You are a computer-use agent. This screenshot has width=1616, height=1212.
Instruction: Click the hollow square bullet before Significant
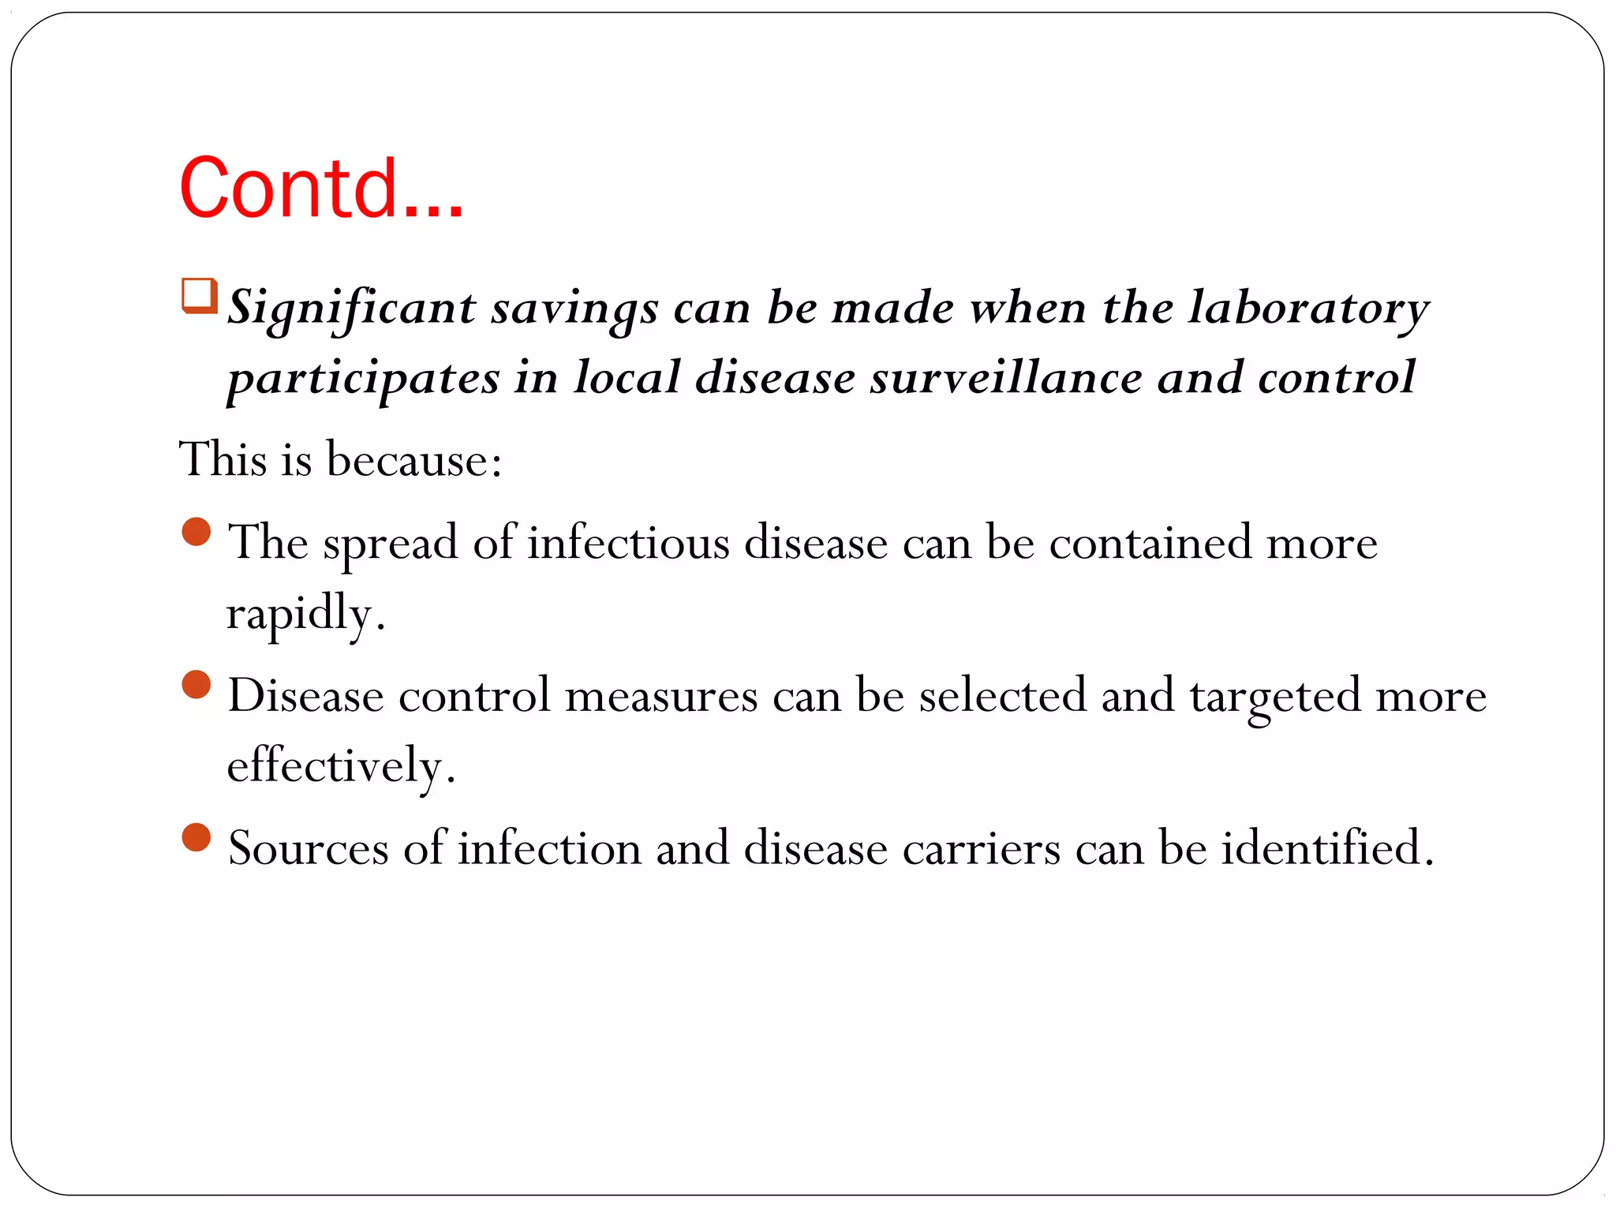pos(199,296)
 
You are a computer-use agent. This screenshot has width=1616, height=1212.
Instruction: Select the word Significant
pos(352,309)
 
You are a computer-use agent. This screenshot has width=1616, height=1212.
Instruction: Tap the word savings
pos(574,309)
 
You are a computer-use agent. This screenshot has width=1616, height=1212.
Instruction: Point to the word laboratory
pos(1308,309)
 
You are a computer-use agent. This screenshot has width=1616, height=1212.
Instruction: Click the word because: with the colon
pos(414,459)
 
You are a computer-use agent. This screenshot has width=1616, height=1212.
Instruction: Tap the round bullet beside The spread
pos(196,532)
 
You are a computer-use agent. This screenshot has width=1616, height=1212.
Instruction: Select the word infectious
pos(629,543)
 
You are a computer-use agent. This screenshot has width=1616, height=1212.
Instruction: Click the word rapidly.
pos(305,614)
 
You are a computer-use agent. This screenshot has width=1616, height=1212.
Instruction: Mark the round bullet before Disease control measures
pos(196,685)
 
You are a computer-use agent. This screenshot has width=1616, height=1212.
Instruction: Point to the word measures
pos(661,696)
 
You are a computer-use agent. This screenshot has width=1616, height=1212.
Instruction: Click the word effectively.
pos(340,765)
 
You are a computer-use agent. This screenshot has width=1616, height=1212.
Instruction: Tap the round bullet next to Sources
pos(196,837)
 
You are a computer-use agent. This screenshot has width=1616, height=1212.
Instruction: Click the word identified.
pos(1326,847)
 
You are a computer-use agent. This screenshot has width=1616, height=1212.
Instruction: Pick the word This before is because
pos(223,459)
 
